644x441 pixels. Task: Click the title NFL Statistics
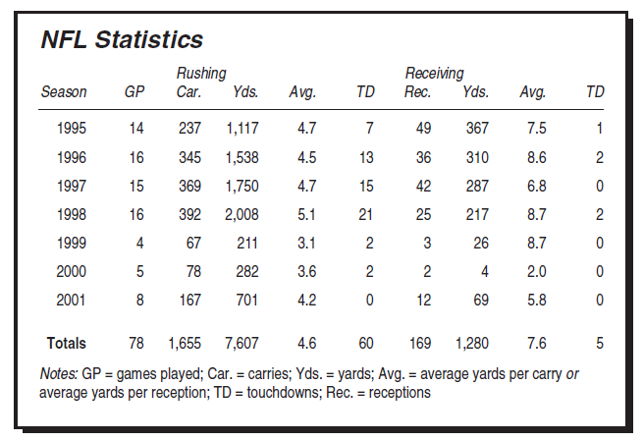tap(121, 40)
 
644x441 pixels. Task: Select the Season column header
tap(64, 92)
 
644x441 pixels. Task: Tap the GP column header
tap(134, 92)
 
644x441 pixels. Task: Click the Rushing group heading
tap(201, 74)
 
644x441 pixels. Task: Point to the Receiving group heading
tap(434, 74)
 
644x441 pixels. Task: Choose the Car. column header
tap(188, 92)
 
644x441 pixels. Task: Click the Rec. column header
tap(418, 92)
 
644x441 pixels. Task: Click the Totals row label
tap(66, 343)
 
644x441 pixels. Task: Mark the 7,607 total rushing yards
tap(241, 343)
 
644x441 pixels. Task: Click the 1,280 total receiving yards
tap(471, 343)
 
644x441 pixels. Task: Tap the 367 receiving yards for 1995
tap(476, 128)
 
